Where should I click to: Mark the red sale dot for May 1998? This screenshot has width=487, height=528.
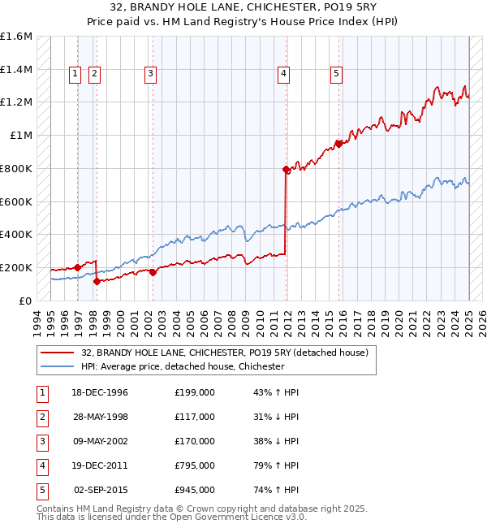pos(97,281)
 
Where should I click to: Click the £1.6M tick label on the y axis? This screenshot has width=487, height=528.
pos(16,37)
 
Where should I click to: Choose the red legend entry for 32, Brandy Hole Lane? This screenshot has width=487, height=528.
pos(225,353)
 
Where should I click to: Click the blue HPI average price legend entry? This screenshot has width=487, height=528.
pos(182,366)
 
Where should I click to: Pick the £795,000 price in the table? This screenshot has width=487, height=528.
pos(195,465)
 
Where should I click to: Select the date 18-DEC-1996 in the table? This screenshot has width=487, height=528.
pos(100,392)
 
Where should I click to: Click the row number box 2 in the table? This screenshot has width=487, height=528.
pos(40,417)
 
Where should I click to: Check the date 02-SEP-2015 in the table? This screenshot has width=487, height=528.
pos(101,490)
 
